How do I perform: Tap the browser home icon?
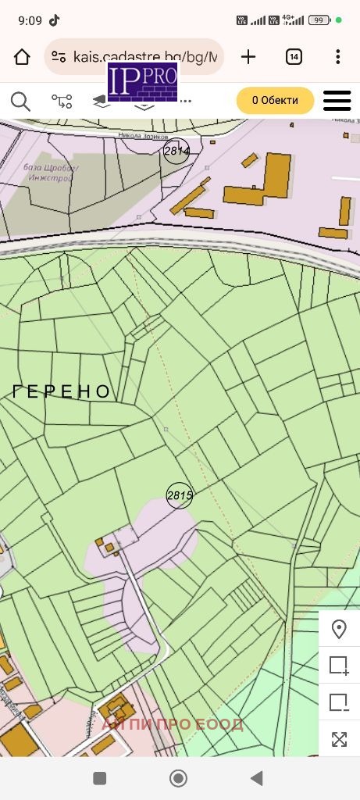coord(22,56)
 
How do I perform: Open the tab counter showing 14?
coord(294,56)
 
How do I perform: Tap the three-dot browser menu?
coord(337,56)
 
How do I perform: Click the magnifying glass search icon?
coord(20,101)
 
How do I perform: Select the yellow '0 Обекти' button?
coord(275,101)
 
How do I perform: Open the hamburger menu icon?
coord(337,101)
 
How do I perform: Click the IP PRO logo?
coord(143,81)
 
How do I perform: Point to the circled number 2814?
coord(177,152)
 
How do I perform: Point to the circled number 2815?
coord(179,495)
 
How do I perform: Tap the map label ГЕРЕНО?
coord(62,392)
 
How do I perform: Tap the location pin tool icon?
coord(339,629)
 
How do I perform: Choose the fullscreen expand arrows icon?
coord(339,739)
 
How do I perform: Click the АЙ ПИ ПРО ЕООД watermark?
coord(173,724)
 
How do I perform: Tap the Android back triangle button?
coord(256,778)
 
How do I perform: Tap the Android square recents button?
coord(100,778)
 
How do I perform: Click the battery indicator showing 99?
coord(318,20)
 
